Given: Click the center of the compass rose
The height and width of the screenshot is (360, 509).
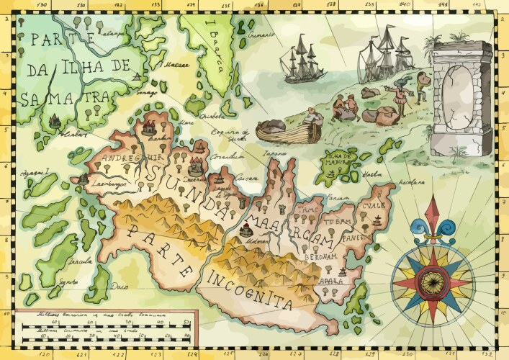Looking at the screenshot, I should [x=433, y=278].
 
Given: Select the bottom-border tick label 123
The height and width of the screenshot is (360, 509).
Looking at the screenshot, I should [x=156, y=354].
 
